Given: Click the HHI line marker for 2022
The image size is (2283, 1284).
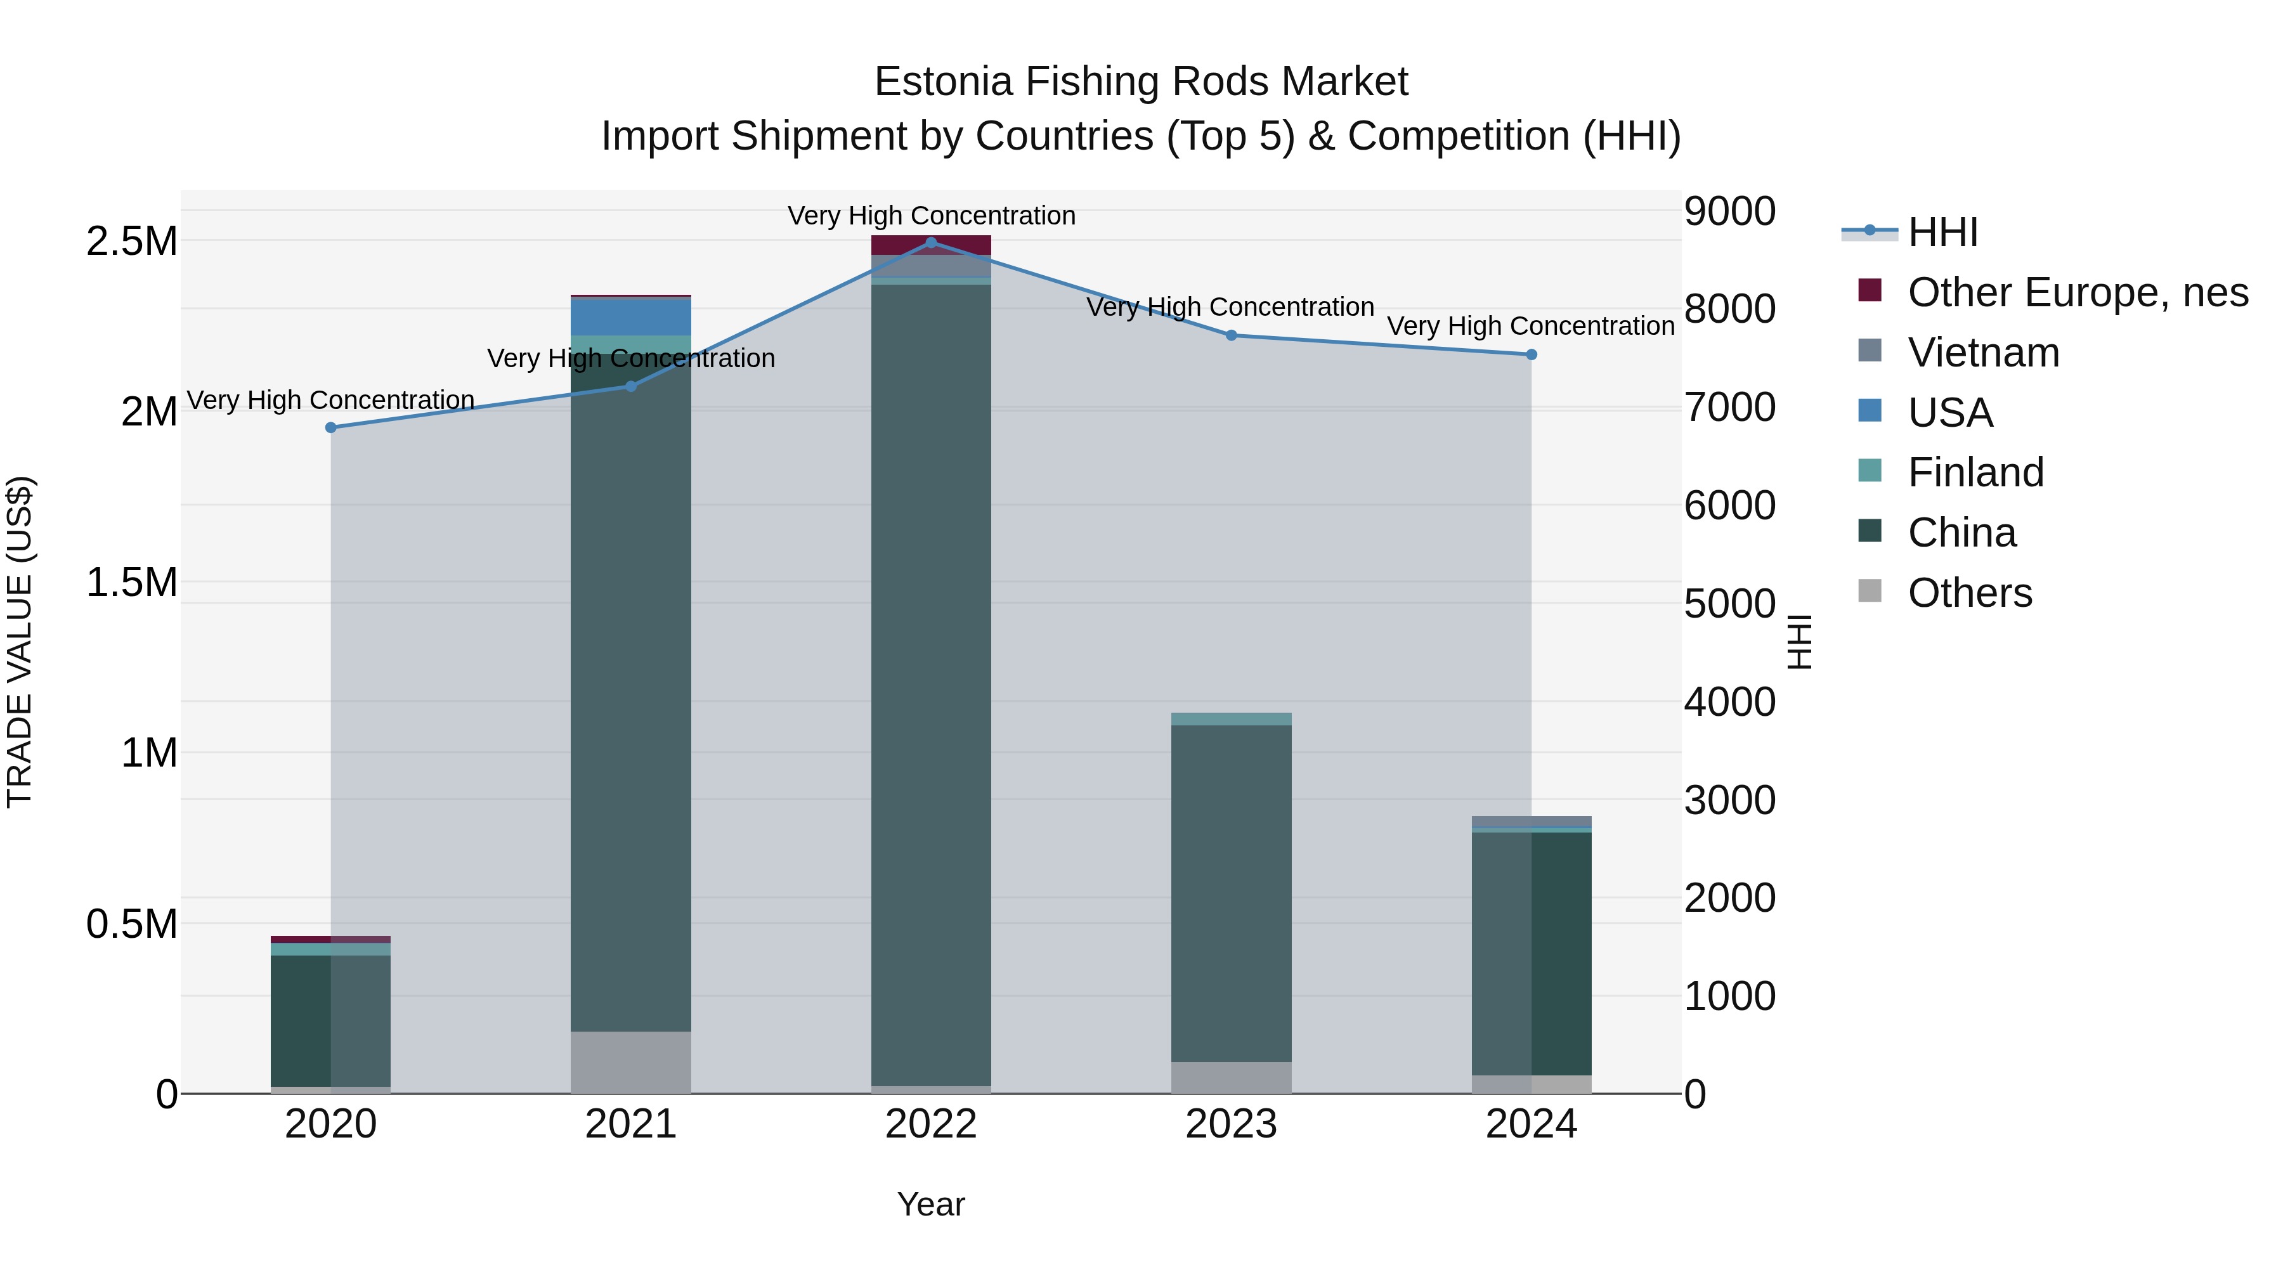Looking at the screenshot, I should [x=930, y=242].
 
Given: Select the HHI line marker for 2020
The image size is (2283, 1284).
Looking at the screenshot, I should [x=330, y=427].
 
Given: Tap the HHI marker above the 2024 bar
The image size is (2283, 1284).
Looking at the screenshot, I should [x=1531, y=354].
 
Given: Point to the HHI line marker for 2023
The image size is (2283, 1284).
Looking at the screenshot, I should [x=1231, y=335].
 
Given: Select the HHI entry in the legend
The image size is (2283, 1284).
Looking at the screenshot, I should [x=1942, y=232].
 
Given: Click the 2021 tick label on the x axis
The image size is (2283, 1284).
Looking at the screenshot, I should [x=630, y=1124].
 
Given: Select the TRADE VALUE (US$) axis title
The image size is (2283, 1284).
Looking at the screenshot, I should [x=20, y=642].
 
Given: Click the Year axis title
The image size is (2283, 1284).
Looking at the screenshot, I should [x=930, y=1204].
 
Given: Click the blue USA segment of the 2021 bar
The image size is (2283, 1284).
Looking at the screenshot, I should [x=630, y=317].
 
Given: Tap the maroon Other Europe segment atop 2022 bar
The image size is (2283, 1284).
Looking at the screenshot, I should [x=930, y=245].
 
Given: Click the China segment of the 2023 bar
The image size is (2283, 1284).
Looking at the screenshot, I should [x=1231, y=893].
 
